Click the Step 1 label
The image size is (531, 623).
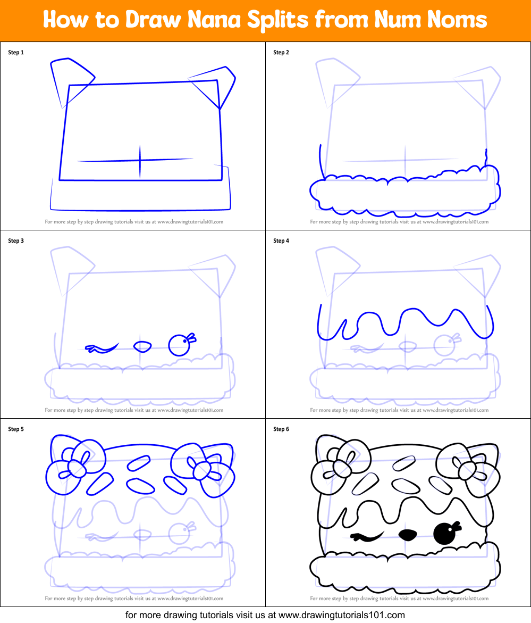[16, 53]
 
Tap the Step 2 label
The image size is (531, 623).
[281, 53]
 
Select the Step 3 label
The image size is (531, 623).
[16, 241]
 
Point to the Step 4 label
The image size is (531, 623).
[281, 241]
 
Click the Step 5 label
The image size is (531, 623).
[16, 429]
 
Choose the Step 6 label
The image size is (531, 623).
[281, 429]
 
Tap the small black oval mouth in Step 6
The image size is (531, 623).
[408, 534]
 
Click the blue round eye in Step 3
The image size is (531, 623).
[179, 345]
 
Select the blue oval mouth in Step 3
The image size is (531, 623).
[142, 346]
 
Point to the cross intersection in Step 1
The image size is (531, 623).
[140, 159]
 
